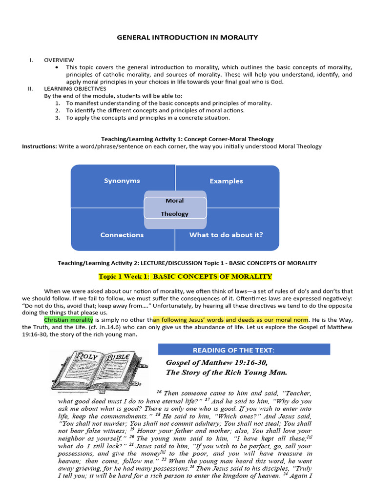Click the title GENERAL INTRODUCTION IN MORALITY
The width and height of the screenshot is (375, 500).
[x=187, y=37]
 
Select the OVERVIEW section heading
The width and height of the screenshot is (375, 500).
[x=59, y=60]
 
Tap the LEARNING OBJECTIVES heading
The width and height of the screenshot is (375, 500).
[x=75, y=89]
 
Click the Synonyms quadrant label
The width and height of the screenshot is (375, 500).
[x=122, y=181]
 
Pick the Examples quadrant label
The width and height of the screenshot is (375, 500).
[x=226, y=181]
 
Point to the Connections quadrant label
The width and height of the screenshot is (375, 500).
[x=122, y=235]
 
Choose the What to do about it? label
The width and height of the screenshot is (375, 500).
[x=226, y=235]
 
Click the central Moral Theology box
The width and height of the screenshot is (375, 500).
[x=174, y=208]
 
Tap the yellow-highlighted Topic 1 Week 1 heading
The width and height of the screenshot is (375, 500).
[x=185, y=277]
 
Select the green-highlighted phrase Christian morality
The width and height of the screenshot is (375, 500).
[x=67, y=319]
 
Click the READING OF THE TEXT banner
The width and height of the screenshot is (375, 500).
[x=244, y=350]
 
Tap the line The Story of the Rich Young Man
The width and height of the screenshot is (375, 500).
[x=226, y=372]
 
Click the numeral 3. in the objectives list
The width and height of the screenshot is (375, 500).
[x=58, y=118]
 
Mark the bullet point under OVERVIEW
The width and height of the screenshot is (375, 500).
[x=58, y=67]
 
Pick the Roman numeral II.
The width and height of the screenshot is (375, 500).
[x=31, y=89]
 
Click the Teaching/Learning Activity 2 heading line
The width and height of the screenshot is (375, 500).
[x=187, y=263]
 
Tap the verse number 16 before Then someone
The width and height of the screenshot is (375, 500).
[x=159, y=392]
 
